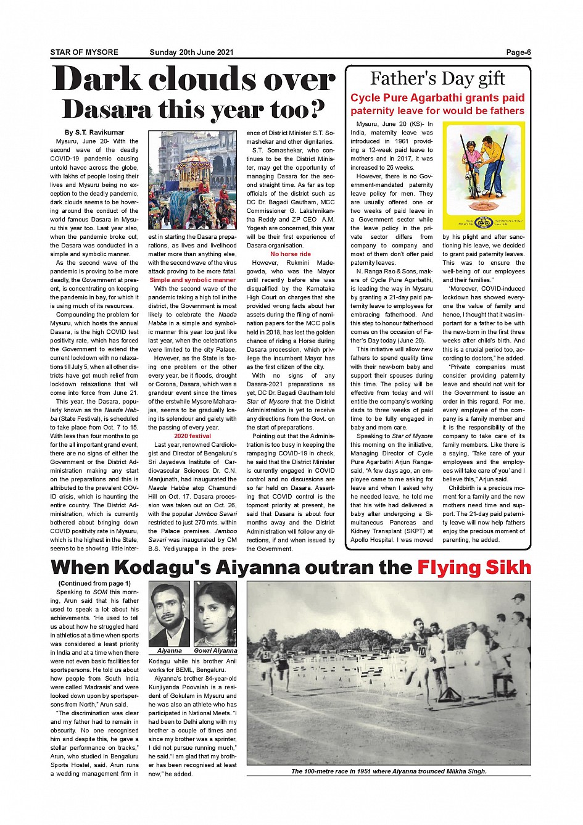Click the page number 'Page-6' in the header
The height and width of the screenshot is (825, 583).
518,52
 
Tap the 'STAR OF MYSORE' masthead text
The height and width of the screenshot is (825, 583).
84,52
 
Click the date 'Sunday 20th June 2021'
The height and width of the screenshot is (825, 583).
191,52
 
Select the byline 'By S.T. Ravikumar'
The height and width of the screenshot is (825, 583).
94,133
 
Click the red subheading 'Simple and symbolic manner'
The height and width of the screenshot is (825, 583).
192,280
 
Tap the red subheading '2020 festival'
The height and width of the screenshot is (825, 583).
192,436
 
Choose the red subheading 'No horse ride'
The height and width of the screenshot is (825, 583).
291,254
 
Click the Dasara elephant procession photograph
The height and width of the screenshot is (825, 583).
192,179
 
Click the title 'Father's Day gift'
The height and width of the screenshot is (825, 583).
437,79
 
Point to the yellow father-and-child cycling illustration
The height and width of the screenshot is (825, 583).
484,176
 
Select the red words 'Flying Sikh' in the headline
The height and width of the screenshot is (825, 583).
474,567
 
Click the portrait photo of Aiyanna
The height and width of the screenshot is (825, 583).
169,613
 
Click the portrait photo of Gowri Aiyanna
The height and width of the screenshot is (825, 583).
215,613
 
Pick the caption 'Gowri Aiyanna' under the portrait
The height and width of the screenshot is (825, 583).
215,650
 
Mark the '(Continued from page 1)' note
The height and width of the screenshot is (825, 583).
94,583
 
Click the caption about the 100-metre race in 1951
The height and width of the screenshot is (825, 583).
389,771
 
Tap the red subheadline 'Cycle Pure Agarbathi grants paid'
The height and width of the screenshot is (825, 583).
437,98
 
